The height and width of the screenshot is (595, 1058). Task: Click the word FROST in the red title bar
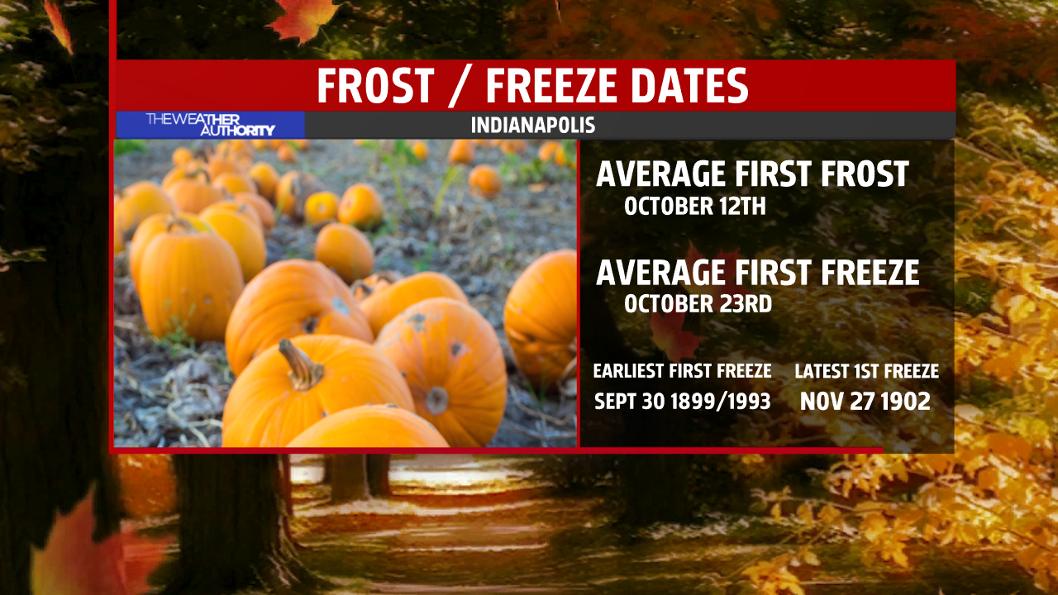(x=375, y=85)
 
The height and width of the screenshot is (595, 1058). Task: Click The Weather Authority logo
(x=211, y=125)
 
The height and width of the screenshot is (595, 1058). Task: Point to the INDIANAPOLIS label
(x=533, y=125)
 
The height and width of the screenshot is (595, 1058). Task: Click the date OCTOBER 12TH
(x=695, y=207)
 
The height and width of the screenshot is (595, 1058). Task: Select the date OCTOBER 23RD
(x=698, y=304)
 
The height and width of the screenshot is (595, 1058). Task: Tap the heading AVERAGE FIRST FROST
(x=752, y=174)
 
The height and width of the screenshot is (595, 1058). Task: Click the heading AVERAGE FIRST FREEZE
(x=758, y=273)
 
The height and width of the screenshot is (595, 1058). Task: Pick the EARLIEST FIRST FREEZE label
(x=683, y=371)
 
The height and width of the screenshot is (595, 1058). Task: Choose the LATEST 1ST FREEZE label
(x=867, y=371)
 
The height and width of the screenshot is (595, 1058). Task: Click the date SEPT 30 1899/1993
(x=683, y=402)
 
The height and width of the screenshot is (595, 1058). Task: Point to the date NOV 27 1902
(x=865, y=402)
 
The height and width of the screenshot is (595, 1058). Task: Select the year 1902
(x=905, y=402)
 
